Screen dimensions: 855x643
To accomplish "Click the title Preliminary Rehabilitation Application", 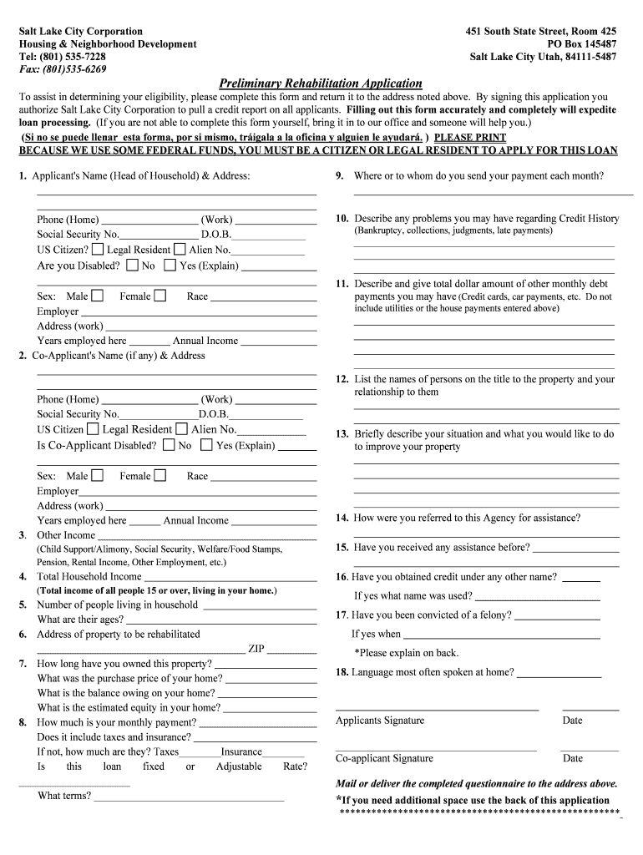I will pos(320,83).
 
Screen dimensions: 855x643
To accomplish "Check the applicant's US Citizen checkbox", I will pos(98,249).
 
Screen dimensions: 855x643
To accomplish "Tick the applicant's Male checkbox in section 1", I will pos(98,296).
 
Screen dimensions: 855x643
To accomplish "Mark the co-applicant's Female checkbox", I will pos(159,475).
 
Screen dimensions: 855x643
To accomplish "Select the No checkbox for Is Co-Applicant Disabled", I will pos(169,445).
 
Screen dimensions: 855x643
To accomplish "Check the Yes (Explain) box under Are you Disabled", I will pos(170,266).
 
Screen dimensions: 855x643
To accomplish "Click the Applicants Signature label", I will pos(379,721).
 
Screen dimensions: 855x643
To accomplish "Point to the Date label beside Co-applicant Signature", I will pos(573,758).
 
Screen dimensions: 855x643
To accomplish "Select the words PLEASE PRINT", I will pos(470,138).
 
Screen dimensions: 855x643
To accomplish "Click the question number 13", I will pos(342,434).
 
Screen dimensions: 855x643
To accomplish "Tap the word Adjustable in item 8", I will pos(239,766).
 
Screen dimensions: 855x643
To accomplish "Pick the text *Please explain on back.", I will pos(407,653).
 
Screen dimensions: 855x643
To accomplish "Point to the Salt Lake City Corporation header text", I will pos(81,31).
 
